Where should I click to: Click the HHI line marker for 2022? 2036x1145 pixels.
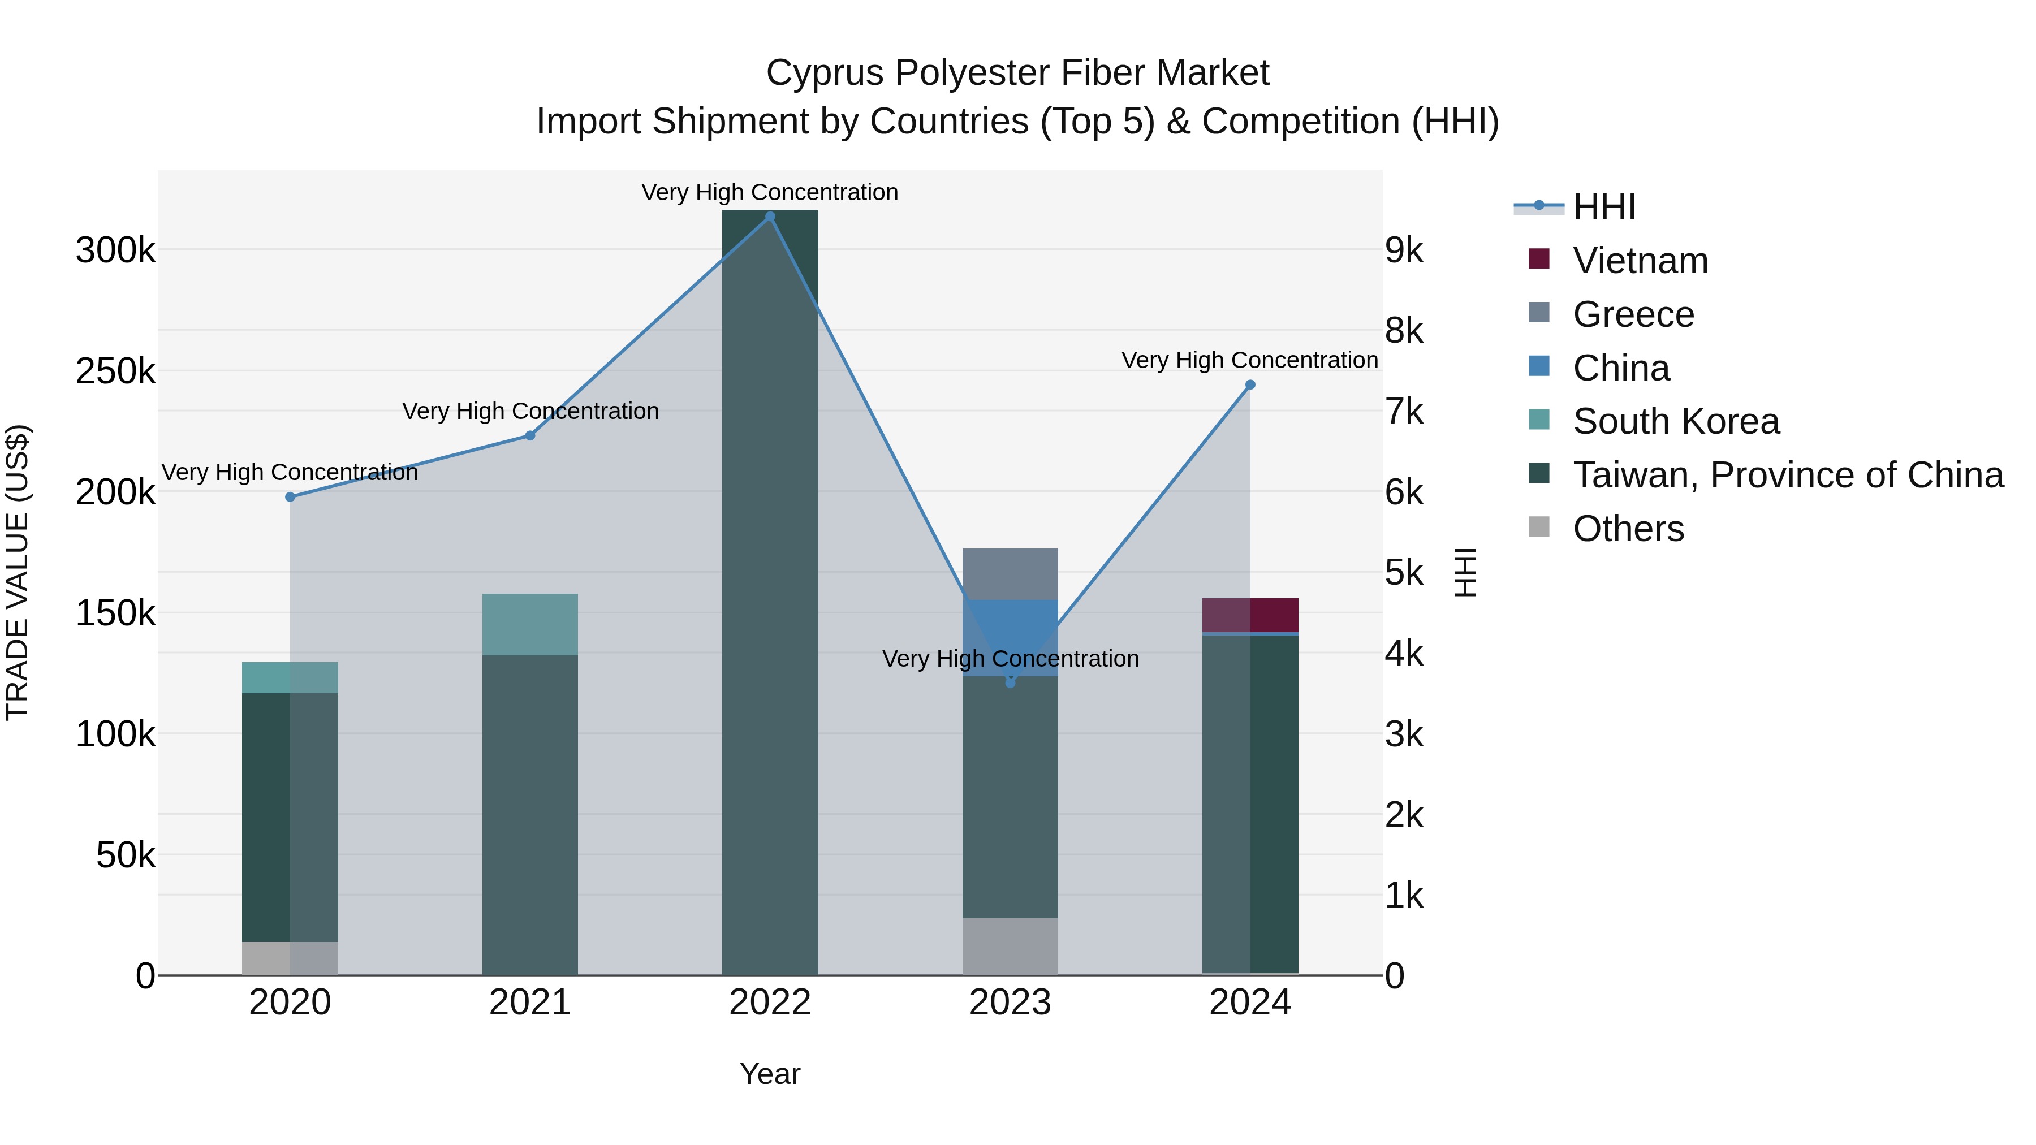click(x=770, y=217)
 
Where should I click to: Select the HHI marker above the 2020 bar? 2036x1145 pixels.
click(x=290, y=497)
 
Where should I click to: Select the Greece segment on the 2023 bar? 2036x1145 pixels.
click(x=1010, y=574)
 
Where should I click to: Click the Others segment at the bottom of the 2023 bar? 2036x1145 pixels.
click(x=1010, y=946)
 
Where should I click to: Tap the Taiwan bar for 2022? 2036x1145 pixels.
click(x=770, y=593)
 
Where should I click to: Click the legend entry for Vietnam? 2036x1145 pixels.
click(x=1640, y=261)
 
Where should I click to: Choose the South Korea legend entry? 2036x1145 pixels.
click(x=1676, y=421)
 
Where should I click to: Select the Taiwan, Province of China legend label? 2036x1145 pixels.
click(x=1788, y=475)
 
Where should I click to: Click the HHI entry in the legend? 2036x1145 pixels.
click(x=1604, y=207)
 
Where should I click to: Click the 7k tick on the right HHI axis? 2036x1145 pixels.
click(x=1404, y=412)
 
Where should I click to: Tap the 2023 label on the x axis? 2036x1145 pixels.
click(x=1010, y=1003)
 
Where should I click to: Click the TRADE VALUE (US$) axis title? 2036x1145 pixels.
click(x=18, y=572)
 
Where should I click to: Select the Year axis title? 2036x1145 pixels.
click(x=770, y=1074)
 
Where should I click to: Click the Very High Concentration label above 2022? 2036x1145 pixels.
click(x=770, y=192)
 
